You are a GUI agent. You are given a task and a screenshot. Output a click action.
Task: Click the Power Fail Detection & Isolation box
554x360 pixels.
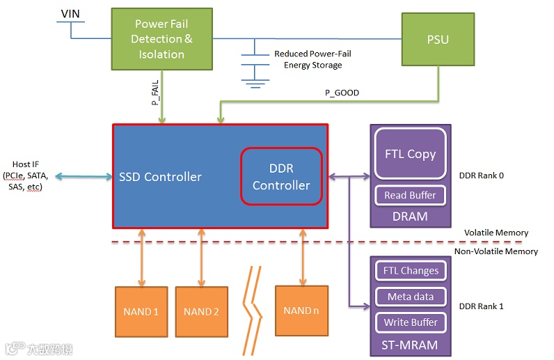pyautogui.click(x=161, y=39)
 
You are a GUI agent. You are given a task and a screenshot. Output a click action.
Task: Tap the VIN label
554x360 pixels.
pyautogui.click(x=70, y=13)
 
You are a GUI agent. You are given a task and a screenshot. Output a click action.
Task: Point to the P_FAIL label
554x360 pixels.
pyautogui.click(x=156, y=92)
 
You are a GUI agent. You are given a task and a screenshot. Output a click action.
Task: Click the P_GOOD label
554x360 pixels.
pyautogui.click(x=342, y=93)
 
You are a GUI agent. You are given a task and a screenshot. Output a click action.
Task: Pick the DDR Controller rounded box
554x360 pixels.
pyautogui.click(x=281, y=176)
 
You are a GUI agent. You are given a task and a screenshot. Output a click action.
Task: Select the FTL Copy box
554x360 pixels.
pyautogui.click(x=410, y=154)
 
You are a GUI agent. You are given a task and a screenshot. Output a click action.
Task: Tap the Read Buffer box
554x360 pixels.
pyautogui.click(x=410, y=195)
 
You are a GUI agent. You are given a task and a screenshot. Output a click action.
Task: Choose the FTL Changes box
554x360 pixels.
pyautogui.click(x=411, y=270)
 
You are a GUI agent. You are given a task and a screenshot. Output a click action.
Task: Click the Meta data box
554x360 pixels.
pyautogui.click(x=411, y=297)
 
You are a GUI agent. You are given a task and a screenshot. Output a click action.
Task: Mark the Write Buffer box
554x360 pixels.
pyautogui.click(x=411, y=322)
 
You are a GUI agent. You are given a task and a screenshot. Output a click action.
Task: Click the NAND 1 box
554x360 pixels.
pyautogui.click(x=141, y=311)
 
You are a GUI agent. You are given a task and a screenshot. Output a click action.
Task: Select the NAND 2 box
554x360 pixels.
pyautogui.click(x=202, y=311)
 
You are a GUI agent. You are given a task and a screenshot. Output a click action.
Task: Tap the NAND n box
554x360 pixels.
pyautogui.click(x=301, y=311)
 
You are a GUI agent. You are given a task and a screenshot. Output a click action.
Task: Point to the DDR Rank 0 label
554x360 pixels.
pyautogui.click(x=482, y=175)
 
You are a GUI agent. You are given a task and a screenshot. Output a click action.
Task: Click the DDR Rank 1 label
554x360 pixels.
pyautogui.click(x=482, y=306)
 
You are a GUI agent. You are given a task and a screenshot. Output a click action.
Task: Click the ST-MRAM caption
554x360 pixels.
pyautogui.click(x=410, y=343)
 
